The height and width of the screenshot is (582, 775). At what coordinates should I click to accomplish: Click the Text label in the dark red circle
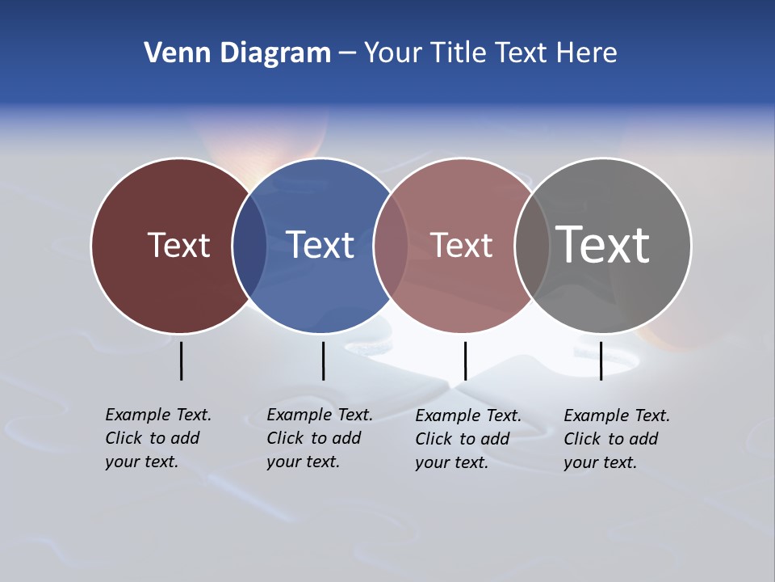[178, 245]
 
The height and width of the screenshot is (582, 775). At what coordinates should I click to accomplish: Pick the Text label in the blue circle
[320, 245]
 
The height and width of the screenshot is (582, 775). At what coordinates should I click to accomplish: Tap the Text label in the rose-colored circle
[461, 245]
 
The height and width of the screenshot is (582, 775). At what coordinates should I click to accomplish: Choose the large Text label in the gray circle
[602, 245]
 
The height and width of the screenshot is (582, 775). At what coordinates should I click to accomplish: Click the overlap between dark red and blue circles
[249, 246]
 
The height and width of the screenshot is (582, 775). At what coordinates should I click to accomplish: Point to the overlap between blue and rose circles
[391, 246]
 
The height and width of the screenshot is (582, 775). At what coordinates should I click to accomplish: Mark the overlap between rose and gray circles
[532, 246]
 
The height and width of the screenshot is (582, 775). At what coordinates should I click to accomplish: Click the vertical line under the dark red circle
[182, 361]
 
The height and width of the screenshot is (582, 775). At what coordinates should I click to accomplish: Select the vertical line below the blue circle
[323, 361]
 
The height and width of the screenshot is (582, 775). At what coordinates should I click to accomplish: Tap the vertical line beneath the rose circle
[465, 361]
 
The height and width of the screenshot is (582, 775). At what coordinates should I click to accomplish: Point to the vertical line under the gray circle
[601, 361]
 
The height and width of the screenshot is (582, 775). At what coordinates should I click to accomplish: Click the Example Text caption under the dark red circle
[157, 438]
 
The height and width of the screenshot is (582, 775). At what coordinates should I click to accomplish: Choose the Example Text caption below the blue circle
[319, 438]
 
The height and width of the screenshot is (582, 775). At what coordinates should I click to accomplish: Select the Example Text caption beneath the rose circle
[467, 439]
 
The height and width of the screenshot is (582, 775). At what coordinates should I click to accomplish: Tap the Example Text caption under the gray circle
[616, 439]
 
